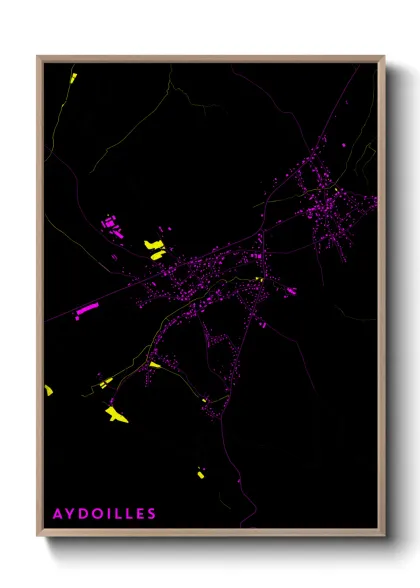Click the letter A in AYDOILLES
coord(58,514)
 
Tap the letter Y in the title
coord(71,514)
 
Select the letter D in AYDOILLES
coord(84,514)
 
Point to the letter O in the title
coord(98,514)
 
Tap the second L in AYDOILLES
coord(129,514)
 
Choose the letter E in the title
coord(140,514)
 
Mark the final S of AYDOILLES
coord(152,514)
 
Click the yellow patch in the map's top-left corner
coord(72,78)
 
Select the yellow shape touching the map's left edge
coord(48,390)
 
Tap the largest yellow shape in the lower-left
coord(116,413)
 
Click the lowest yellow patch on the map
coord(200,473)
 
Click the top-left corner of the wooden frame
coord(38,57)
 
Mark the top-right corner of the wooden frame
coord(384,57)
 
